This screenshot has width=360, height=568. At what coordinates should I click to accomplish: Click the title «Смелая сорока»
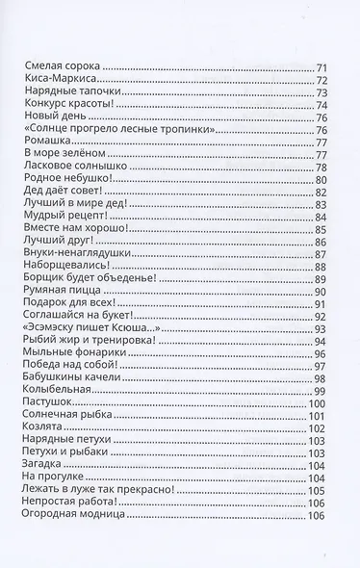click(x=61, y=66)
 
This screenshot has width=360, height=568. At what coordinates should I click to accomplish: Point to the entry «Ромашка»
click(x=44, y=142)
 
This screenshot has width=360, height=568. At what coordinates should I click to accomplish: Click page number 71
click(x=321, y=67)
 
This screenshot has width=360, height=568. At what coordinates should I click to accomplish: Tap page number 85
click(x=321, y=229)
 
